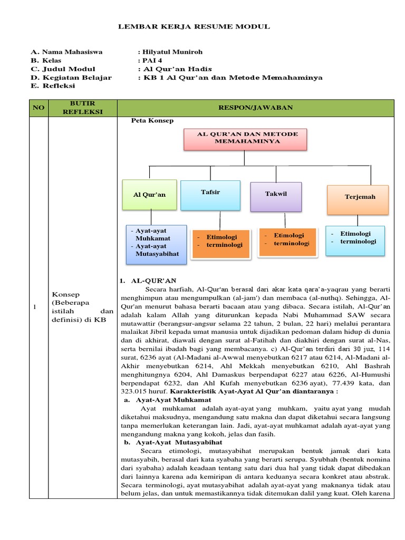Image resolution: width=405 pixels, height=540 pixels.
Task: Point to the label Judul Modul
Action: coord(69,69)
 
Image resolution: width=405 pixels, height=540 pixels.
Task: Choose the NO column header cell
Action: coord(38,108)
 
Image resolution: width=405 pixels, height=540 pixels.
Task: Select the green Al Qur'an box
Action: coord(149,195)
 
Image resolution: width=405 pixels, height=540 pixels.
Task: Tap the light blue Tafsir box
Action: coord(210,195)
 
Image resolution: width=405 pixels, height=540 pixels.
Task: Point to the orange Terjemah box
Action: coord(358,199)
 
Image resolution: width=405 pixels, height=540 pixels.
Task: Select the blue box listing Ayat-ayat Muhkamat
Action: coord(156,244)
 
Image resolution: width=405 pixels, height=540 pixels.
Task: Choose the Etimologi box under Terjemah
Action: coord(355,240)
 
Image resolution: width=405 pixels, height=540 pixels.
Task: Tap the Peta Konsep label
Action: coord(152,121)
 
